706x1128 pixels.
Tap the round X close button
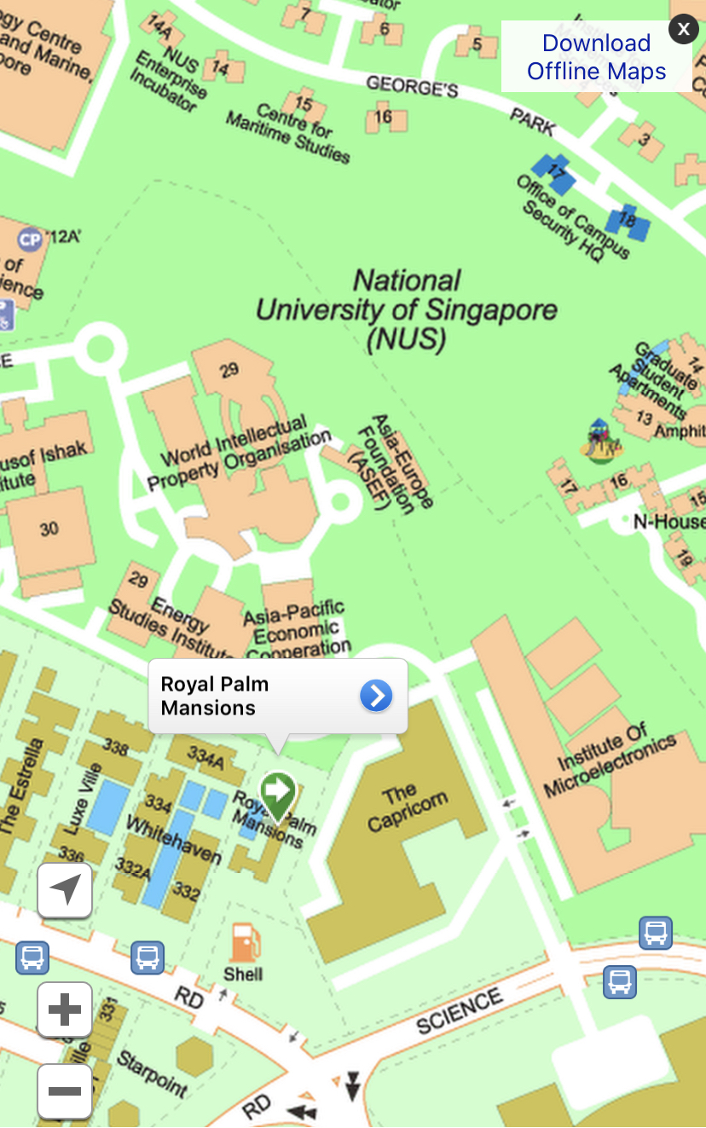coord(683,29)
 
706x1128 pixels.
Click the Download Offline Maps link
coord(596,57)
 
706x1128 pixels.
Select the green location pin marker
coord(277,794)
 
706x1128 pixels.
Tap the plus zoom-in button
coord(65,1009)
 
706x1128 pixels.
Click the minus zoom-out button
coord(65,1090)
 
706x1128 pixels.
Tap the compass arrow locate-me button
coord(65,890)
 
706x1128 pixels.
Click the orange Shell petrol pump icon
coord(244,943)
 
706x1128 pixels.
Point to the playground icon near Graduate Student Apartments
coord(600,440)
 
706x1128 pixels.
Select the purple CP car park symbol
coord(30,240)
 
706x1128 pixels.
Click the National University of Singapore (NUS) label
coord(407,309)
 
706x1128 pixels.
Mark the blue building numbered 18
coord(628,221)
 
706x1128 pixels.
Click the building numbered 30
coord(49,529)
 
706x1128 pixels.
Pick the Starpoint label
coord(152,1073)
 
